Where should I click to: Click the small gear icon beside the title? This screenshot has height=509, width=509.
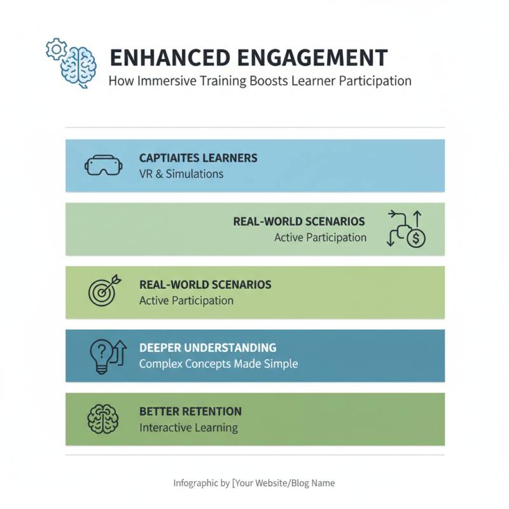tap(55, 48)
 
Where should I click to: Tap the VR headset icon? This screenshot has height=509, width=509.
tap(102, 166)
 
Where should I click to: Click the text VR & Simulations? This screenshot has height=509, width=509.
tap(181, 173)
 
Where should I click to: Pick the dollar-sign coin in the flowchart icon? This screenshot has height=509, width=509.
tap(416, 239)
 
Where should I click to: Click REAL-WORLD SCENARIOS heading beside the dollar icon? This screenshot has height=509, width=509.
tap(299, 221)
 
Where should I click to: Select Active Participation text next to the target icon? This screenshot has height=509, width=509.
tap(186, 300)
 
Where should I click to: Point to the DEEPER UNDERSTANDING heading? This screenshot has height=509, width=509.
tap(207, 348)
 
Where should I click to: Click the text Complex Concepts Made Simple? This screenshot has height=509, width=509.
tap(218, 364)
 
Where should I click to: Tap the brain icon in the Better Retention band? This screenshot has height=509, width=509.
tap(102, 419)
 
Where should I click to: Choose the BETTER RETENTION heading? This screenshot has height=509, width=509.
tap(190, 412)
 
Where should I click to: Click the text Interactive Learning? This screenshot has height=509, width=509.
tap(188, 428)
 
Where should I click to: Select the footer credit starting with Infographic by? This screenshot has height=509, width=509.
tap(254, 483)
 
